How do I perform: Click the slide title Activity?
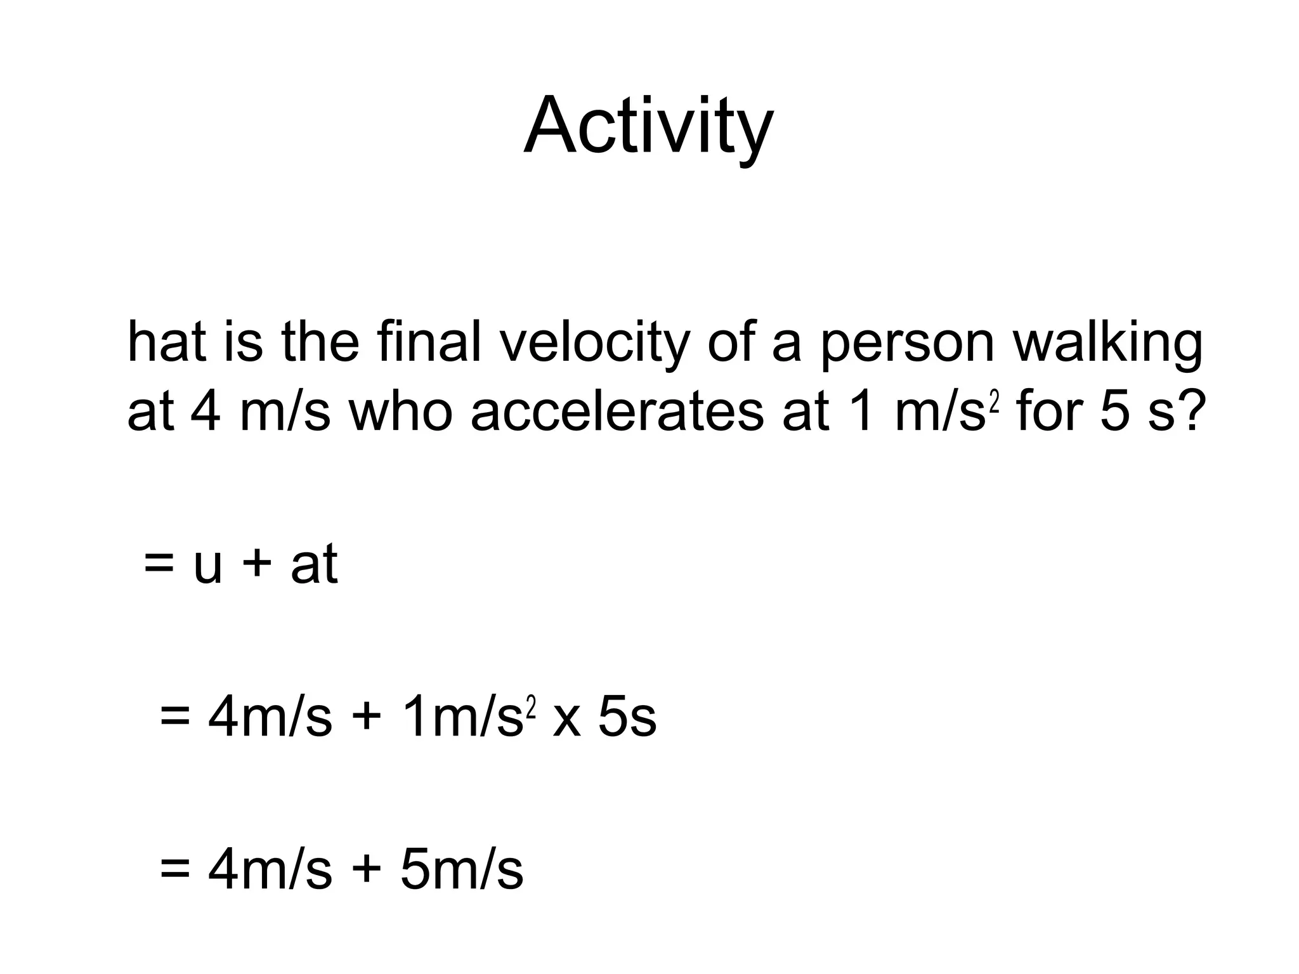648,127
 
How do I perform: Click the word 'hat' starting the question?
167,342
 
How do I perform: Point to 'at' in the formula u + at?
314,564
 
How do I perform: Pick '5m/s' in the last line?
462,870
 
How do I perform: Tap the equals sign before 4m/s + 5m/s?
175,870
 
